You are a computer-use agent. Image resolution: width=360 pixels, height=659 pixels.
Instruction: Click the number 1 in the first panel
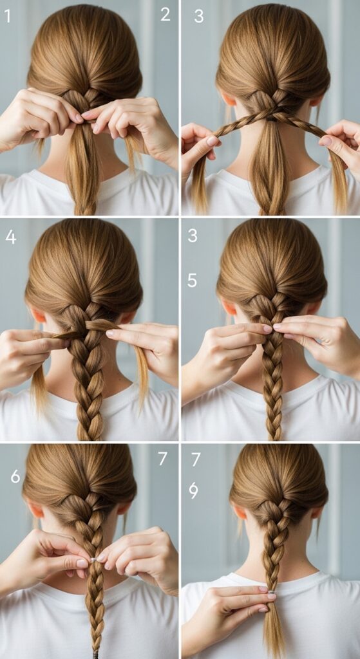pyautogui.click(x=7, y=16)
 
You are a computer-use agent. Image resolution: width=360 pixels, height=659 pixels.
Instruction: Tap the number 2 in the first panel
pyautogui.click(x=166, y=15)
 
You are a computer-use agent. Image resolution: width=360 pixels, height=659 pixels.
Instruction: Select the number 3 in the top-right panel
pyautogui.click(x=198, y=16)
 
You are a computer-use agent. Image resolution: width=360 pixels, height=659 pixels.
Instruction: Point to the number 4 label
pyautogui.click(x=11, y=237)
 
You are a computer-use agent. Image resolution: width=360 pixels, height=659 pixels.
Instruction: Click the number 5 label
pyautogui.click(x=192, y=281)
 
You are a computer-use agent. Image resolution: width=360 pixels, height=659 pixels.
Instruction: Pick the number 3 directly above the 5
pyautogui.click(x=193, y=236)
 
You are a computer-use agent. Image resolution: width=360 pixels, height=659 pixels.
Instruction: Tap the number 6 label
pyautogui.click(x=15, y=476)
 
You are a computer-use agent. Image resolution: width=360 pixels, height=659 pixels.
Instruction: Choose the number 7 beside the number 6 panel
pyautogui.click(x=163, y=459)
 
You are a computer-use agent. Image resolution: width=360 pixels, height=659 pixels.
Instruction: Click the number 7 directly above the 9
pyautogui.click(x=196, y=459)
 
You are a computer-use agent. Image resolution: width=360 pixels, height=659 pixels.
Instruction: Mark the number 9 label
pyautogui.click(x=193, y=490)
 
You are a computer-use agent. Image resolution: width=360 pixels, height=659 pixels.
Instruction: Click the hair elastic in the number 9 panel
pyautogui.click(x=272, y=592)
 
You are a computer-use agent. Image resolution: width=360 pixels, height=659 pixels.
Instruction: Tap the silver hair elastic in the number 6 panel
pyautogui.click(x=94, y=560)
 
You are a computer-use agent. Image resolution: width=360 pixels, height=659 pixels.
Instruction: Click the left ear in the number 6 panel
pyautogui.click(x=36, y=510)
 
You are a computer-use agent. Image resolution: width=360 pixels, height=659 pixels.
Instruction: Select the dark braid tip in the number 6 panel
pyautogui.click(x=97, y=654)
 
